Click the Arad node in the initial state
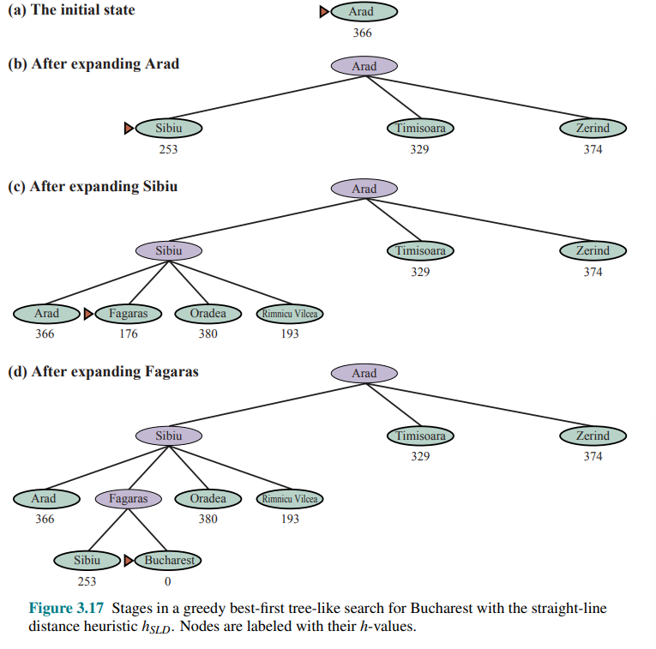pos(364,12)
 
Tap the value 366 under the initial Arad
pos(362,33)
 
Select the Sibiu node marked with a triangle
pos(168,129)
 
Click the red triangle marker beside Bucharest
pos(129,561)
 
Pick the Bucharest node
pos(168,561)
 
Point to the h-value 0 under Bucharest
pos(168,582)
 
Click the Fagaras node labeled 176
pos(128,314)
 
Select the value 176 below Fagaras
pos(128,334)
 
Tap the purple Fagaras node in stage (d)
pos(128,499)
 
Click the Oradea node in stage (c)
pos(208,314)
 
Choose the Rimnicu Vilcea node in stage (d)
pos(290,499)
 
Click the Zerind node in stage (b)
pos(593,129)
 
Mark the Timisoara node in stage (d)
pos(420,436)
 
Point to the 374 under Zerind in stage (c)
pos(593,273)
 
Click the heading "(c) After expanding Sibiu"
pos(93,186)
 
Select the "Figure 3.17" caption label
pos(66,609)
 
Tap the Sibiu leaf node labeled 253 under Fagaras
pos(87,561)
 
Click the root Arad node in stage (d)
pos(364,374)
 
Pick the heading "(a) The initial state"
pos(71,10)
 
